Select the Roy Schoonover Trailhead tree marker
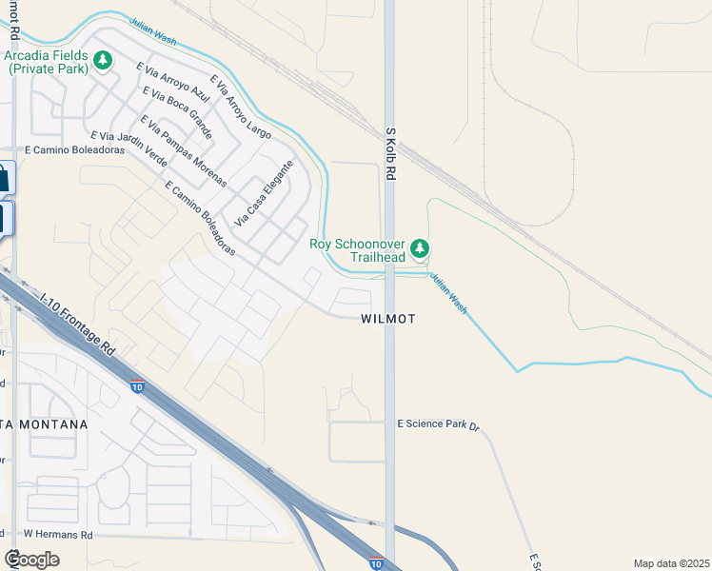(x=421, y=250)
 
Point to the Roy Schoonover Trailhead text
(x=358, y=250)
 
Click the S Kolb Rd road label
(x=390, y=153)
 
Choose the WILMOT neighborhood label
(x=388, y=319)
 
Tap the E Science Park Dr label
(x=437, y=422)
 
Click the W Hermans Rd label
(x=58, y=535)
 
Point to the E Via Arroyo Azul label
(x=172, y=83)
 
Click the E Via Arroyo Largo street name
(x=241, y=107)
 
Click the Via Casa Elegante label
(x=264, y=192)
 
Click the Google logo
(x=31, y=560)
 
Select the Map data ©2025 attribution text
(x=672, y=562)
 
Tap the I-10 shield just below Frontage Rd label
(x=138, y=387)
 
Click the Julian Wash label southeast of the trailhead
(x=447, y=295)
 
